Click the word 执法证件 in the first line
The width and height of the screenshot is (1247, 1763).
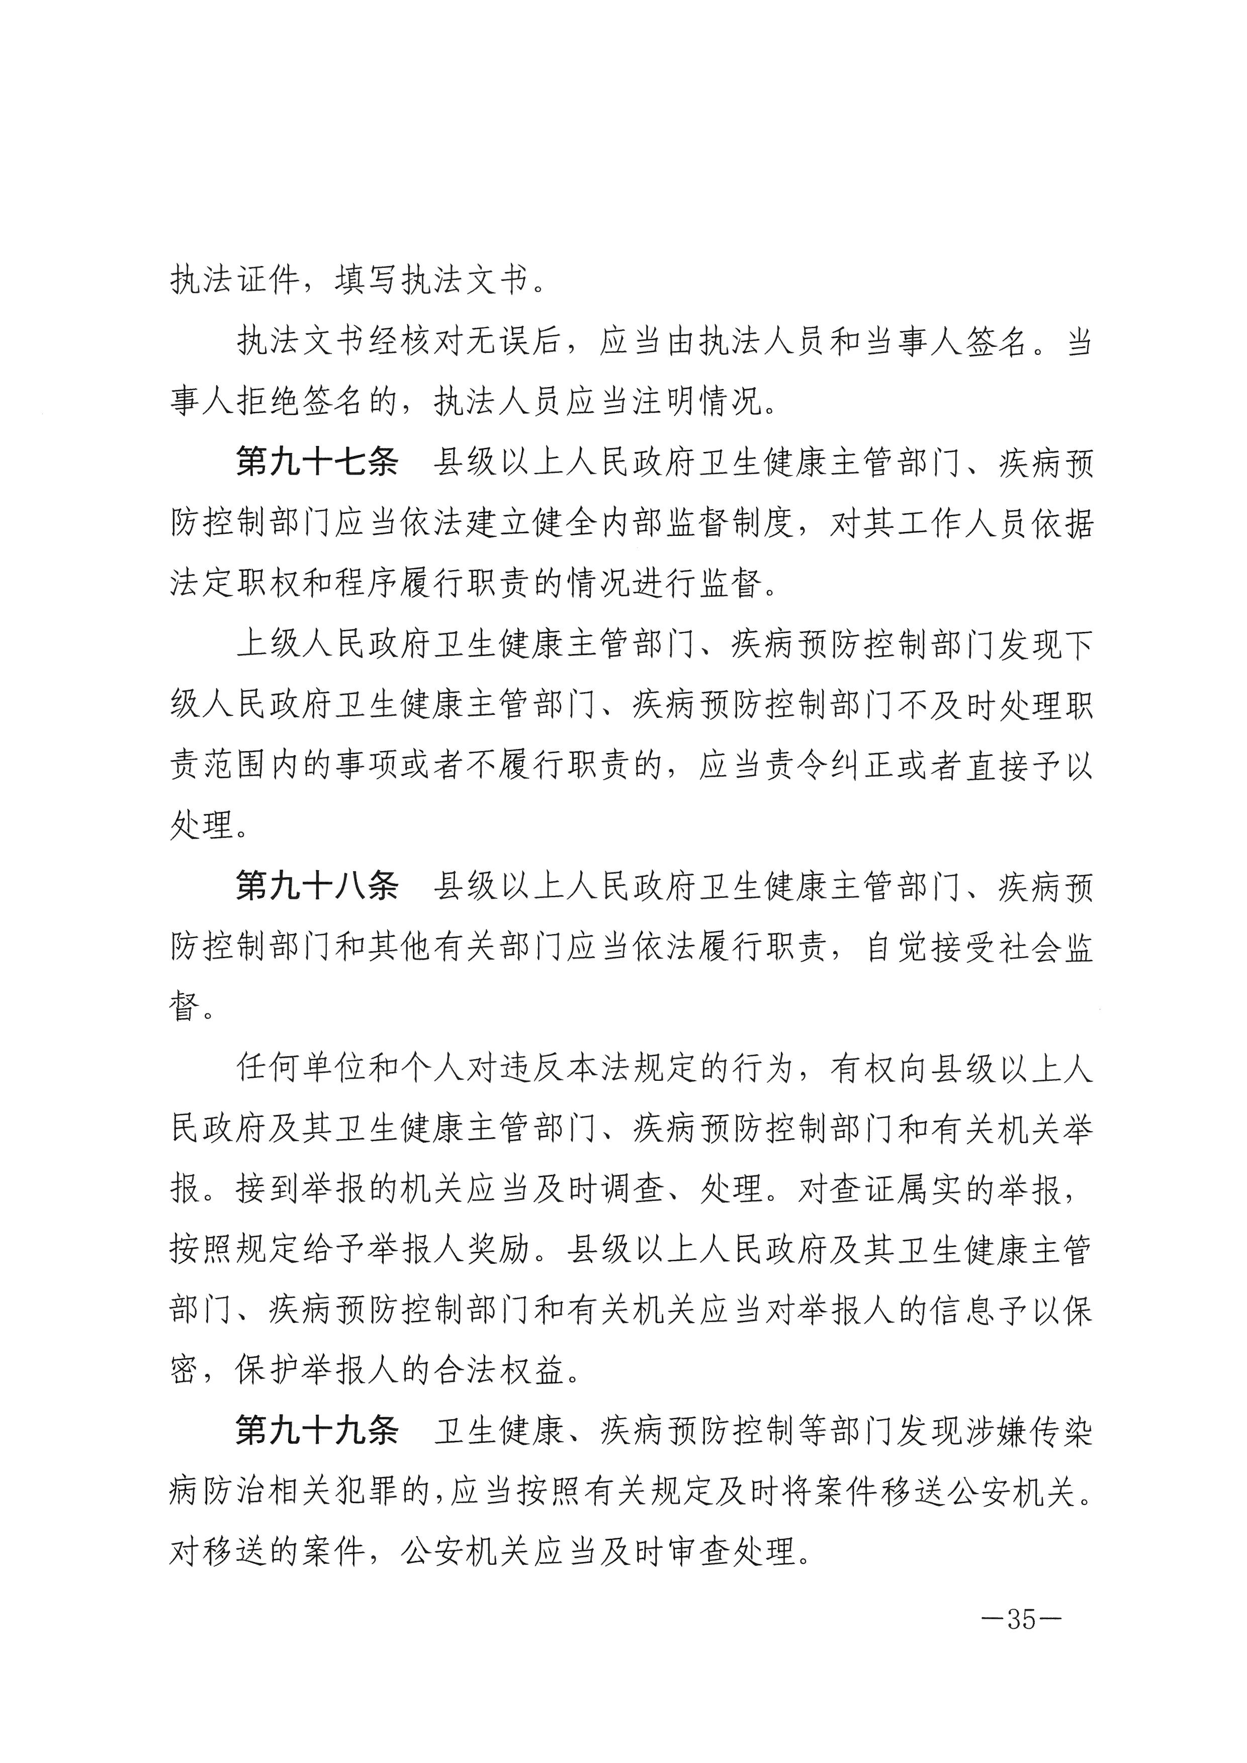234,281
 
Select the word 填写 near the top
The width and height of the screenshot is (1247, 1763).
367,281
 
